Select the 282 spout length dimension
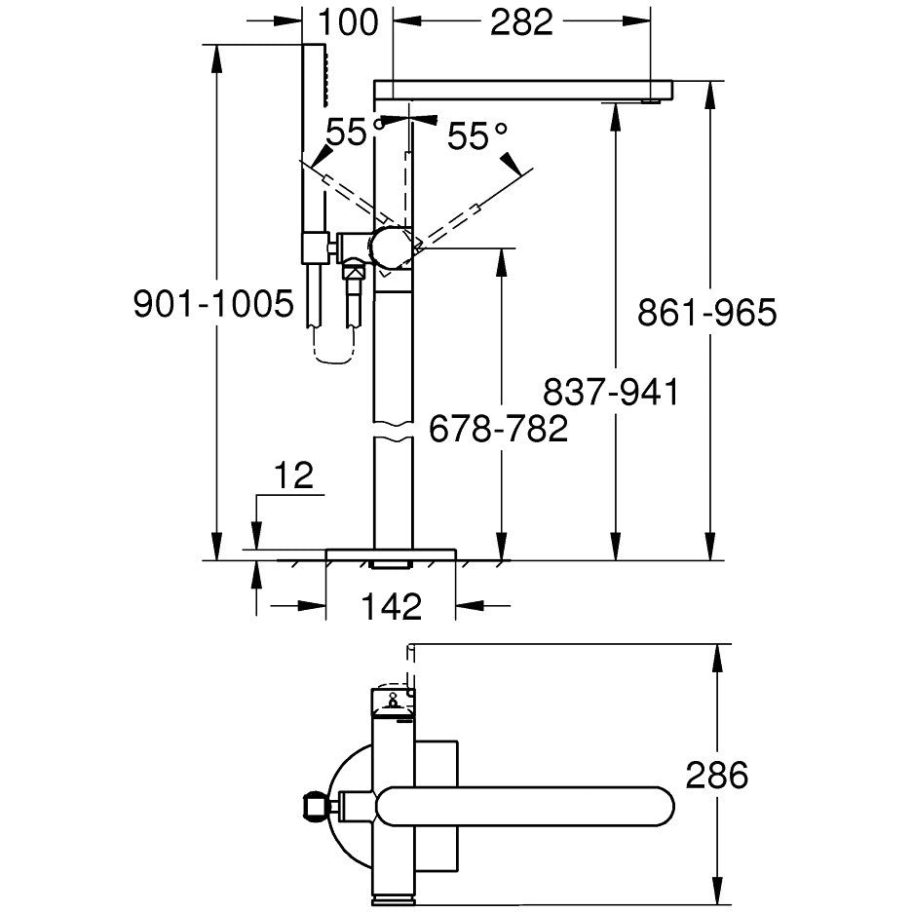click(x=521, y=21)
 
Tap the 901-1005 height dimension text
click(x=213, y=305)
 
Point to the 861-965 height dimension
click(x=706, y=313)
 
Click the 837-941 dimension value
click(x=611, y=392)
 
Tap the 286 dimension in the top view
click(x=716, y=776)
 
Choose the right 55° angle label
click(x=478, y=136)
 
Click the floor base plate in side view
click(x=391, y=554)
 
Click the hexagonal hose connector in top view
click(x=317, y=805)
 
